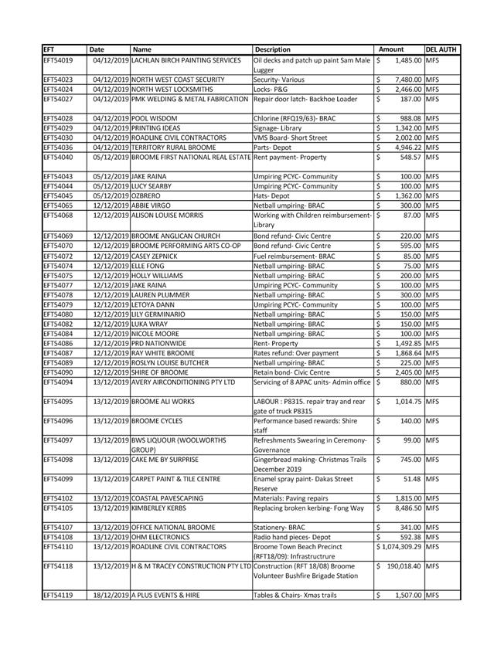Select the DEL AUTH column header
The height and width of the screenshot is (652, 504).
441,49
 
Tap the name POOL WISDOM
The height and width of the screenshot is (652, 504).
155,117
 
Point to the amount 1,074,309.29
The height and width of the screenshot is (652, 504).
400,547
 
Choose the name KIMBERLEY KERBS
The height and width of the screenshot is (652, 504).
162,508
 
